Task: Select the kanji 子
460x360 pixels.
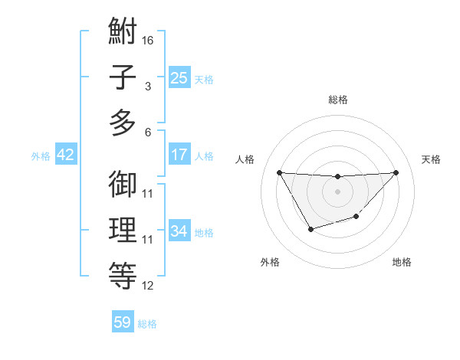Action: click(x=123, y=77)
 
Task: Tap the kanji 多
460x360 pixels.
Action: click(x=123, y=123)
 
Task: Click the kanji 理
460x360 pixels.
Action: click(x=123, y=231)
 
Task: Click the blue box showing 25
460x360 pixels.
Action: click(x=179, y=77)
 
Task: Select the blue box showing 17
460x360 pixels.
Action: click(x=179, y=155)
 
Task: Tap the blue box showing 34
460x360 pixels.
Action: click(x=179, y=231)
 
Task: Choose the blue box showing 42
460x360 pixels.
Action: click(x=66, y=155)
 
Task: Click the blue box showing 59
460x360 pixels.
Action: click(x=123, y=322)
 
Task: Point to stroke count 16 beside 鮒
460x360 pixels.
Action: click(x=148, y=40)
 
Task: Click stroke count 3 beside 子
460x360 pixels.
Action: click(x=148, y=86)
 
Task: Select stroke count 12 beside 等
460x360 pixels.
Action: click(x=148, y=286)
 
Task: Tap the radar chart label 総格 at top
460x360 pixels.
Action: click(x=337, y=100)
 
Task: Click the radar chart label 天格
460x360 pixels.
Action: click(x=431, y=159)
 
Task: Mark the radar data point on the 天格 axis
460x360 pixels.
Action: click(x=396, y=172)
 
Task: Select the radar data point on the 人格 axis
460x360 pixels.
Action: click(x=279, y=172)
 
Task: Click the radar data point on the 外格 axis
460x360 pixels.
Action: click(x=310, y=229)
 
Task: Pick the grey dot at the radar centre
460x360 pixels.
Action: click(x=337, y=191)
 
